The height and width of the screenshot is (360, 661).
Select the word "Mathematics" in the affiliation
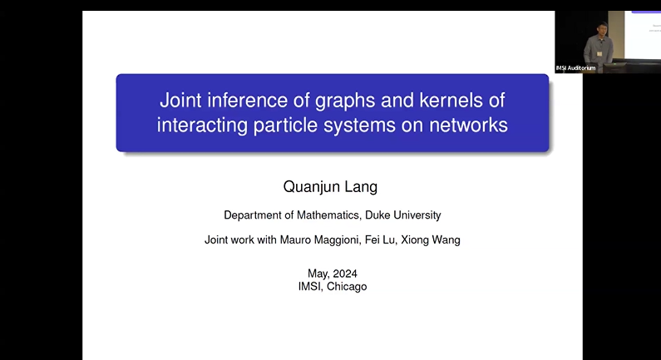tap(328, 215)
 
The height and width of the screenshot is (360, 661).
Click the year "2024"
tap(346, 274)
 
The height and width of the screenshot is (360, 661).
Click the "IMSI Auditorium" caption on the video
tap(575, 67)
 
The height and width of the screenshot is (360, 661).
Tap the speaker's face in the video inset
tap(600, 29)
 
